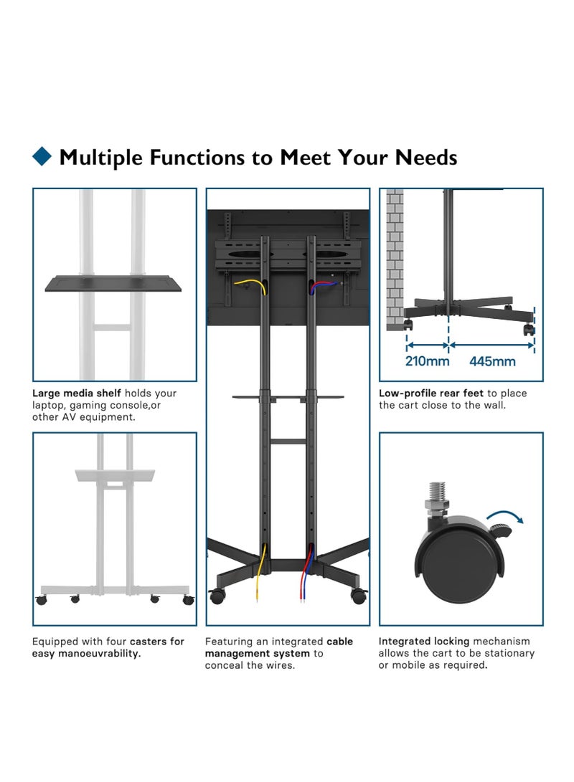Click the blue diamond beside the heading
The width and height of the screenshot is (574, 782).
point(42,156)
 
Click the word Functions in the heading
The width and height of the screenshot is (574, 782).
point(197,157)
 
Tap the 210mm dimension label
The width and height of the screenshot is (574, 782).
point(427,361)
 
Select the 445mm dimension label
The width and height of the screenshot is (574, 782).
point(492,361)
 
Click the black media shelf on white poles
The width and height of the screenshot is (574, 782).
point(113,283)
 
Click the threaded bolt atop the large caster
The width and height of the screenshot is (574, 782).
point(437,496)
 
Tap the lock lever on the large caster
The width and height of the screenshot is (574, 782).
point(500,530)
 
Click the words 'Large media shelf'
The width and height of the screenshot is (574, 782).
point(77,393)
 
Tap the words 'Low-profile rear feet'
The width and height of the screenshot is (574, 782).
point(431,393)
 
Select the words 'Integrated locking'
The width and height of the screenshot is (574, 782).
point(424,642)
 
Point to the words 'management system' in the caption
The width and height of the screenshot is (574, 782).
point(258,653)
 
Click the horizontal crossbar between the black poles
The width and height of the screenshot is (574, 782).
point(288,442)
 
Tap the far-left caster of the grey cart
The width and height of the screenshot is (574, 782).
point(42,600)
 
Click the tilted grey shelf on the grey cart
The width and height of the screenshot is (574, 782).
point(115,475)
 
